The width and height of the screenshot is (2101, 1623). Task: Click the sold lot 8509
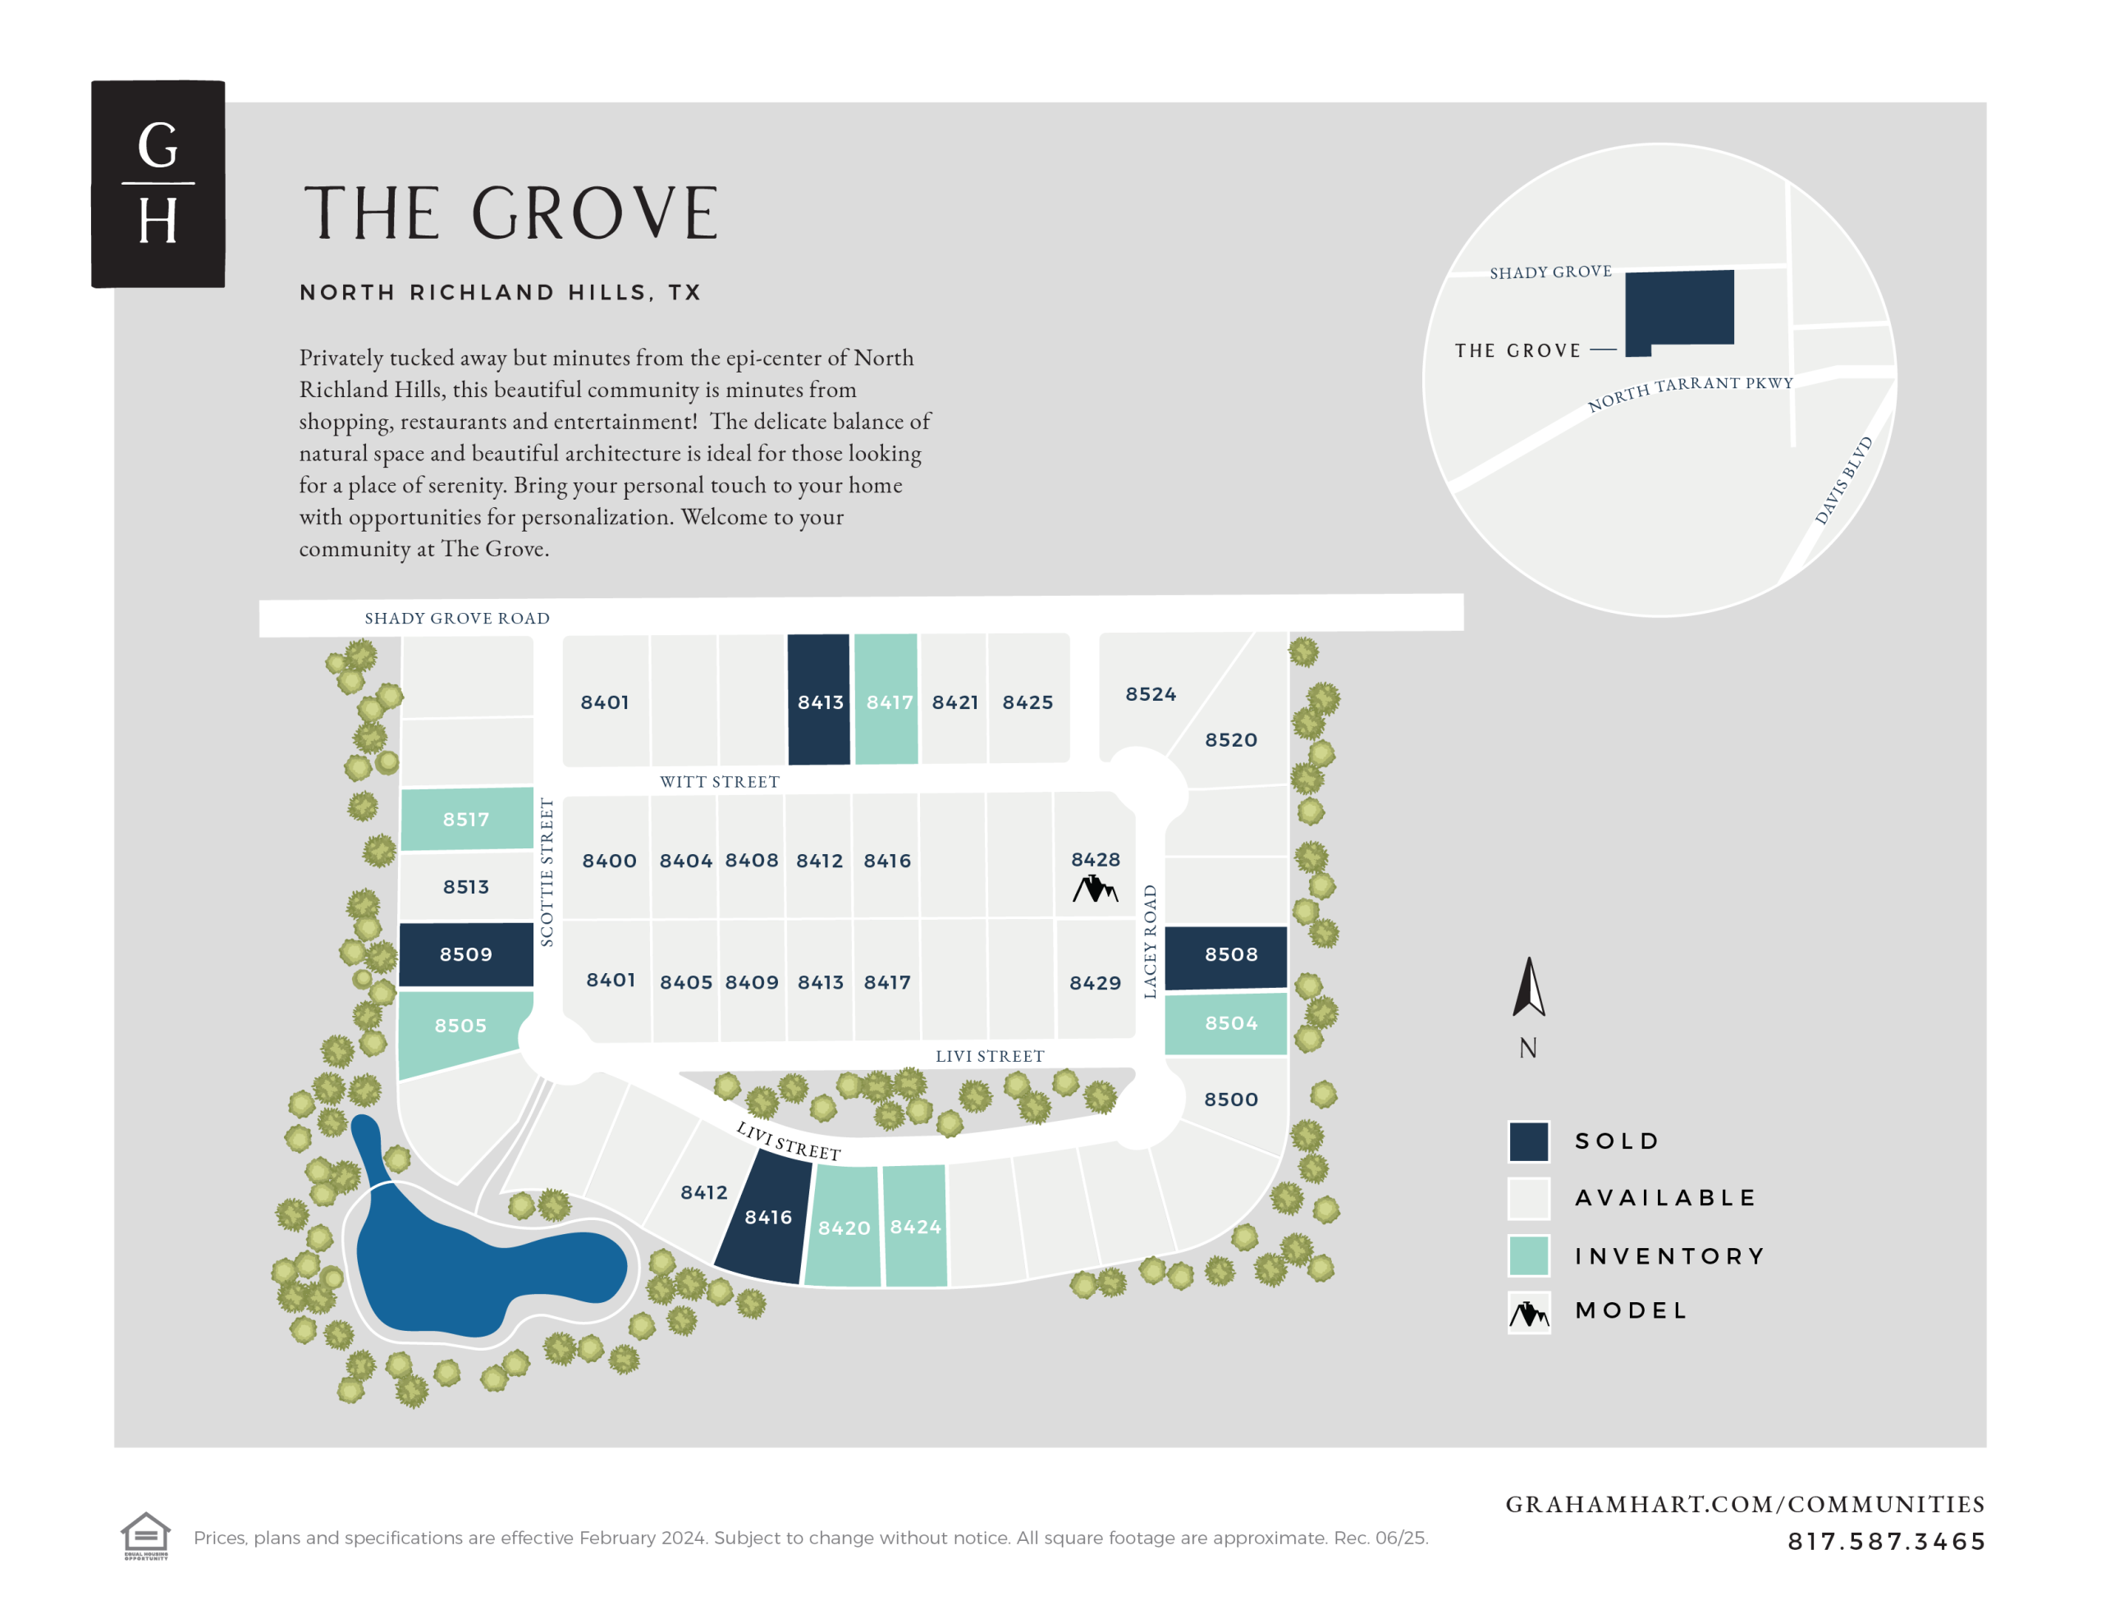pyautogui.click(x=465, y=954)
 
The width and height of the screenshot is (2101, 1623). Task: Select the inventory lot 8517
pyautogui.click(x=465, y=819)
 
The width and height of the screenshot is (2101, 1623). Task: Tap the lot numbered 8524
pyautogui.click(x=1151, y=693)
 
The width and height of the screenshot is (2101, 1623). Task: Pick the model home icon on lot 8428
pyautogui.click(x=1095, y=889)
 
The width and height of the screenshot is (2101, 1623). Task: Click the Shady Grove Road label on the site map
pyautogui.click(x=457, y=618)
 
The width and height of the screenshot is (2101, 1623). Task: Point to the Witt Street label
pyautogui.click(x=720, y=781)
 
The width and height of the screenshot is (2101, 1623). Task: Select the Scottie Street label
pyautogui.click(x=547, y=871)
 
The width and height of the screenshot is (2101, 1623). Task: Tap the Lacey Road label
pyautogui.click(x=1150, y=941)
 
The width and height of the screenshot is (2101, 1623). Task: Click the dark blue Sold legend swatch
pyautogui.click(x=1527, y=1141)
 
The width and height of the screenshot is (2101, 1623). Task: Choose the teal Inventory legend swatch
pyautogui.click(x=1527, y=1255)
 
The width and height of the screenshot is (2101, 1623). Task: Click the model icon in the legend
pyautogui.click(x=1527, y=1311)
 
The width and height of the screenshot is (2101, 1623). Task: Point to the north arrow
pyautogui.click(x=1527, y=988)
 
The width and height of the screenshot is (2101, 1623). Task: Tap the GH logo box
pyautogui.click(x=158, y=184)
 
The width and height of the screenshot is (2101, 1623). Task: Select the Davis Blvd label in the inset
pyautogui.click(x=1843, y=480)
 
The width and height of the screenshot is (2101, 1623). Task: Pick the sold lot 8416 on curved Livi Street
pyautogui.click(x=766, y=1218)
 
